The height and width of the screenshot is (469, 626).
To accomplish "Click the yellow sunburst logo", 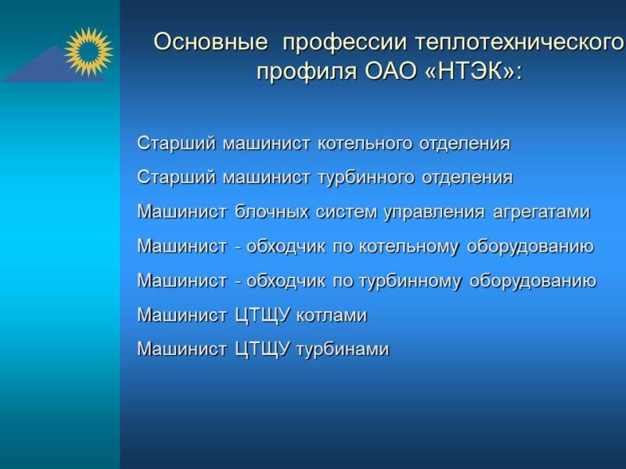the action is pyautogui.click(x=88, y=52).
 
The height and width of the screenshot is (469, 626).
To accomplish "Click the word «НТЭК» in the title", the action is pyautogui.click(x=469, y=72).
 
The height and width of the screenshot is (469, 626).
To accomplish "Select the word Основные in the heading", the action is pyautogui.click(x=210, y=42).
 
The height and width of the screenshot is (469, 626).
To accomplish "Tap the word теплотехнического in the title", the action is pyautogui.click(x=520, y=43).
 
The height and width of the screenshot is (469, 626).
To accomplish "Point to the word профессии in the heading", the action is pyautogui.click(x=344, y=43).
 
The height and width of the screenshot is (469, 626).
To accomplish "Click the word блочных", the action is pyautogui.click(x=272, y=212).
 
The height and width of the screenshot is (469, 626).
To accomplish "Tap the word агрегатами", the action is pyautogui.click(x=541, y=212).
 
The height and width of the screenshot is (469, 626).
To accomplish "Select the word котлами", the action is pyautogui.click(x=331, y=316).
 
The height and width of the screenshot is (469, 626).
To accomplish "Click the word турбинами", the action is pyautogui.click(x=343, y=349).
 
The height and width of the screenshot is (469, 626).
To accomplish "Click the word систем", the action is pyautogui.click(x=346, y=212).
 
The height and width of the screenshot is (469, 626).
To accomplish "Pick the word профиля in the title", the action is pyautogui.click(x=306, y=73).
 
